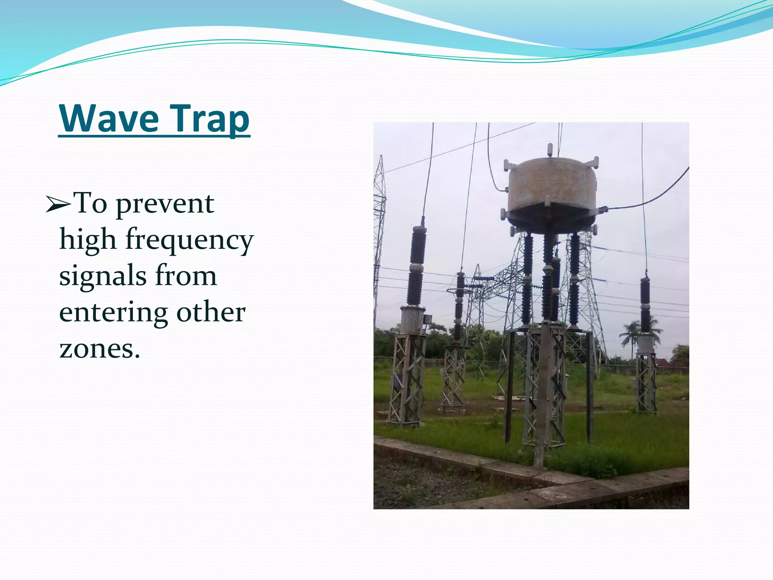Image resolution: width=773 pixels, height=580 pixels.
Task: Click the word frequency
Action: coord(189,240)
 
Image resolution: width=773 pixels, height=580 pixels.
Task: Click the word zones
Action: coord(99,348)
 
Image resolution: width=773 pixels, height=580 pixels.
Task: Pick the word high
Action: coord(88,239)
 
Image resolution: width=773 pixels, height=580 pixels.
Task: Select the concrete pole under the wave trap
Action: coord(544,393)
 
